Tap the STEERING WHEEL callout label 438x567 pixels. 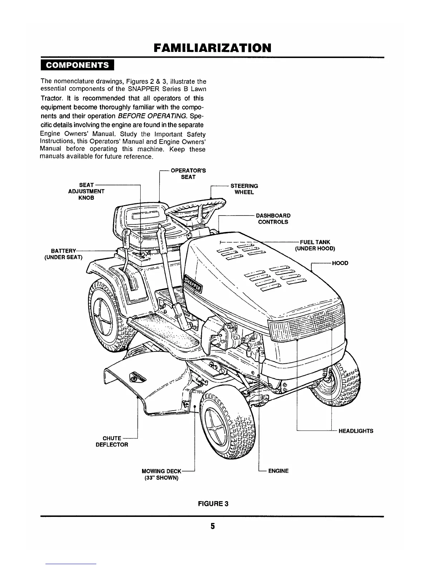click(x=244, y=189)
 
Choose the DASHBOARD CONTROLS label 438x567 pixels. click(x=273, y=219)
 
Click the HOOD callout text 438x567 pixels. click(x=340, y=263)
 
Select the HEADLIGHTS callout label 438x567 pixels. click(x=356, y=431)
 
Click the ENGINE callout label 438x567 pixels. click(x=278, y=471)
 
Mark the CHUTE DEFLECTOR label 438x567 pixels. click(x=112, y=441)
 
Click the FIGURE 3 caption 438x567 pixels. click(x=213, y=504)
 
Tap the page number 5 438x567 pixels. click(x=213, y=526)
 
